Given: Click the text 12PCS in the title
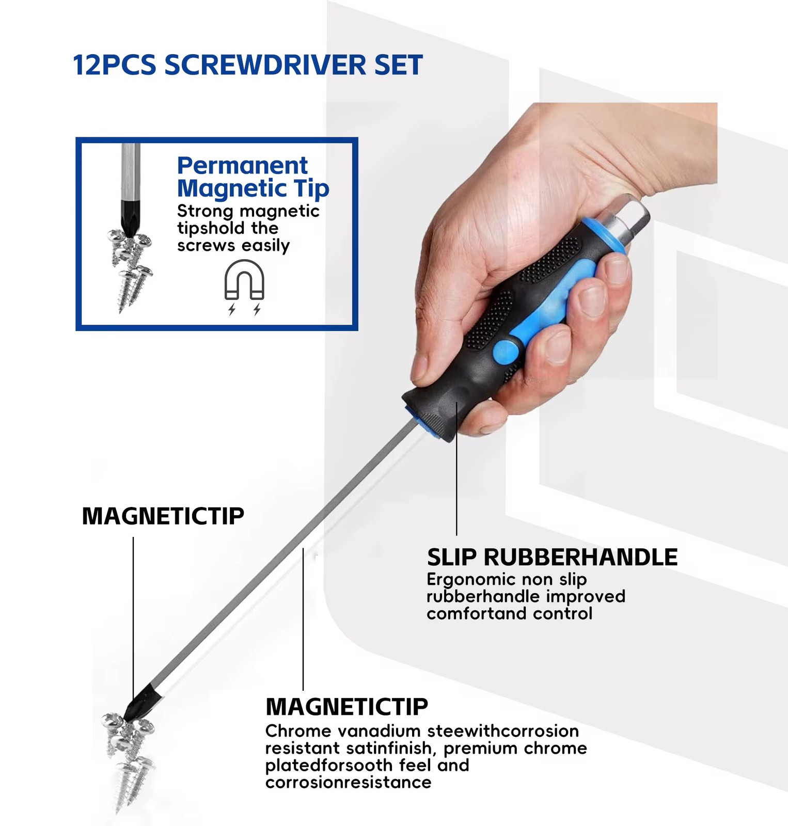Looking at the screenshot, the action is (114, 65).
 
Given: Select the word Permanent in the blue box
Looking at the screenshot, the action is (242, 166).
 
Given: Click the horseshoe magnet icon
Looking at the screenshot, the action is (244, 280).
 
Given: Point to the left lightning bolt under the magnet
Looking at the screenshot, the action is (232, 309).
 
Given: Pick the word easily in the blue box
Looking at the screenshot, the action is (265, 246).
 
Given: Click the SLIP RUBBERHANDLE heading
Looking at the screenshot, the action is (552, 558).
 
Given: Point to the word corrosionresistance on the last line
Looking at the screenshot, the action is (348, 782).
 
